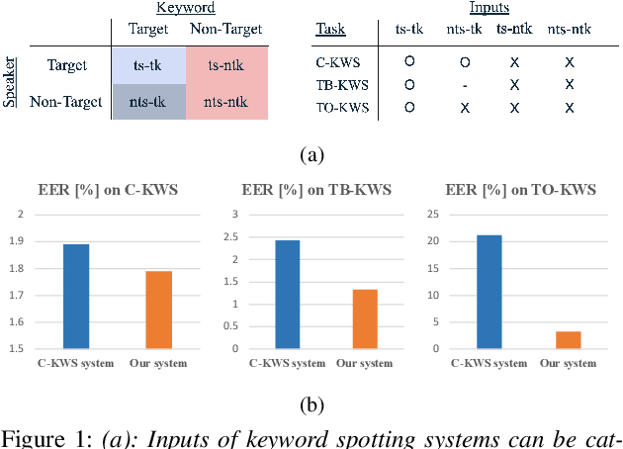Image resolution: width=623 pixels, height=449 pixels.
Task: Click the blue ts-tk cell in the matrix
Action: pos(149,66)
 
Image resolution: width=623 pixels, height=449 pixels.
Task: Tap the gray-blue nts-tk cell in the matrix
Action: pos(149,101)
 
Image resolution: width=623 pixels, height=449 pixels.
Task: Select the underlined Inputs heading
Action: pos(490,8)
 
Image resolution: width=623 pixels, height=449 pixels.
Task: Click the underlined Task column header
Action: pos(330,30)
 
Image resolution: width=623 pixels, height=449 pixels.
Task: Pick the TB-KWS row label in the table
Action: pos(337,85)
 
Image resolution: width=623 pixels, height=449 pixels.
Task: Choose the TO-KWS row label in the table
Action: pos(337,107)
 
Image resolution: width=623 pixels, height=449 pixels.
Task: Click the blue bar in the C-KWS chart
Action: pos(76,296)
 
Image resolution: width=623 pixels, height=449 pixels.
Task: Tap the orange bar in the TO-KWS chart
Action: pos(569,340)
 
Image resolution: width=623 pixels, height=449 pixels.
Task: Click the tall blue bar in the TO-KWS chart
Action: pos(488,292)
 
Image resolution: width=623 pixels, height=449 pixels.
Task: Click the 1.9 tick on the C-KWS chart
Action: pos(20,240)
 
